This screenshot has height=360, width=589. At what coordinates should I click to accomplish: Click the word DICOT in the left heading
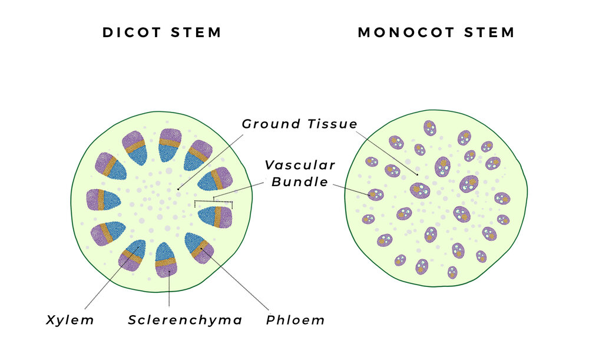click(129, 32)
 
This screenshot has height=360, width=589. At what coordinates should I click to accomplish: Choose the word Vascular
click(299, 165)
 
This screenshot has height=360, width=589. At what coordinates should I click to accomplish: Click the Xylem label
click(70, 320)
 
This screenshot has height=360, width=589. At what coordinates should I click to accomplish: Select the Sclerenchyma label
click(185, 320)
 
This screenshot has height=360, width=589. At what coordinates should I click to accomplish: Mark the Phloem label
click(295, 320)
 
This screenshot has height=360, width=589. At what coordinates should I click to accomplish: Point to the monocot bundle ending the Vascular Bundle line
click(375, 194)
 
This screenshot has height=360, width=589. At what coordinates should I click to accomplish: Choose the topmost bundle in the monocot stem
click(430, 128)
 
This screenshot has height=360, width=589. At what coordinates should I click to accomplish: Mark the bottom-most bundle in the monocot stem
click(452, 272)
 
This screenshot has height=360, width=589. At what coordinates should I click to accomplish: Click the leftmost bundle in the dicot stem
click(103, 200)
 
